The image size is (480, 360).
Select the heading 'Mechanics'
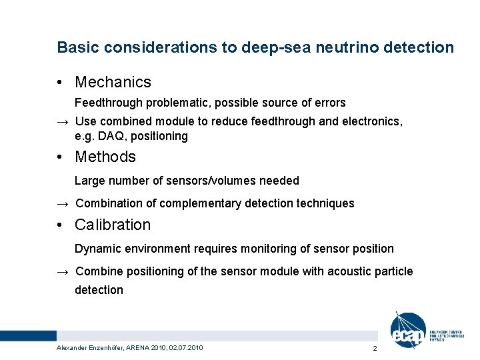(113, 82)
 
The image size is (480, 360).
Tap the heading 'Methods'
(105, 157)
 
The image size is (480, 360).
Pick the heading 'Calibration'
(113, 225)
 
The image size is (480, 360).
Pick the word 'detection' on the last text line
(99, 290)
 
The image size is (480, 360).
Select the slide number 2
(375, 349)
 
